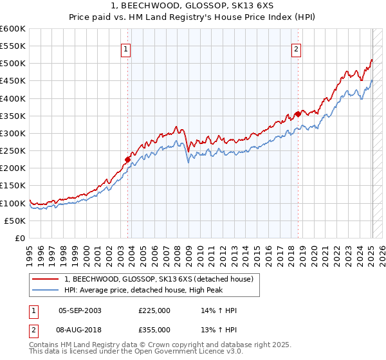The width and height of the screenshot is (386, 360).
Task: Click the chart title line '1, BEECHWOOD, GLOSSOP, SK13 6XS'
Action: click(193, 6)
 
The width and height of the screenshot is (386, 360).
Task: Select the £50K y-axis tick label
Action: click(15, 221)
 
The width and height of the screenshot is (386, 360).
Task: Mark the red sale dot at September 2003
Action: click(128, 160)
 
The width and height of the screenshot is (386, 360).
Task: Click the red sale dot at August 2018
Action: click(297, 114)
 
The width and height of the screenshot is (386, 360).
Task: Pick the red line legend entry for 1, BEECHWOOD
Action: click(160, 279)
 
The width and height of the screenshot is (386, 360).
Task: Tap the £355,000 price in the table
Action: click(154, 329)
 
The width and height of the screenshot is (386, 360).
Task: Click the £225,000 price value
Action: click(154, 310)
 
